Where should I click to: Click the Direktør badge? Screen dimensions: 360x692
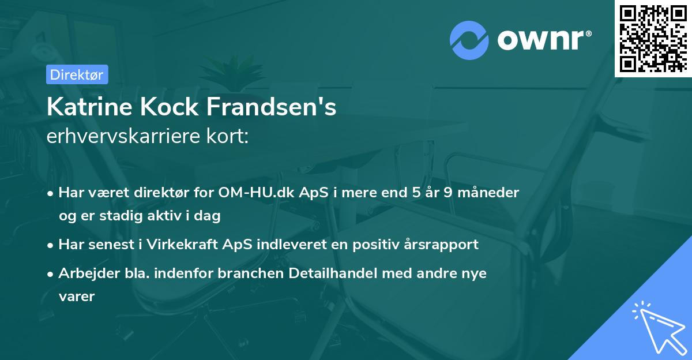pyautogui.click(x=77, y=74)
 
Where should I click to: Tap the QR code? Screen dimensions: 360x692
pyautogui.click(x=653, y=39)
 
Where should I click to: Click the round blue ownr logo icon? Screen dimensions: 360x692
pyautogui.click(x=469, y=40)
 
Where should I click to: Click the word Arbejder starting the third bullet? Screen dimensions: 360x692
pyautogui.click(x=84, y=273)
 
